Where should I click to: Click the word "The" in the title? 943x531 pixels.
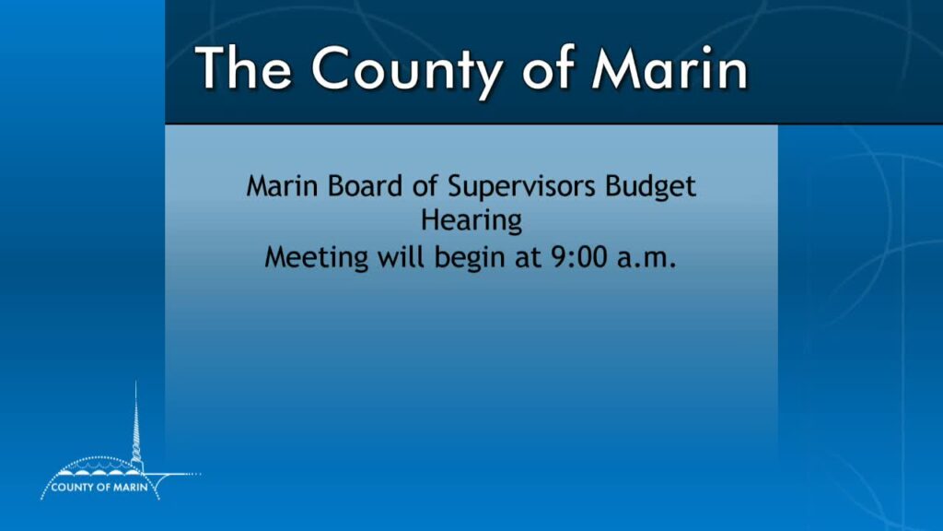[243, 67]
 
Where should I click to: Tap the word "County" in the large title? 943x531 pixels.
[406, 72]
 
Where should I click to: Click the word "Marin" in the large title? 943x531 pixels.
[669, 68]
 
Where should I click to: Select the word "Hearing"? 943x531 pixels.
[471, 221]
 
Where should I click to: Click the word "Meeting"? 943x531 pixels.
[317, 259]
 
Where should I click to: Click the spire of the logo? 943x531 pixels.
[136, 421]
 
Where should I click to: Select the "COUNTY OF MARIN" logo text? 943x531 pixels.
[99, 487]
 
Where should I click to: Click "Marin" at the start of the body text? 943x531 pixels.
[282, 185]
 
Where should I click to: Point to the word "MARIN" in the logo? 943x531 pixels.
[131, 487]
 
